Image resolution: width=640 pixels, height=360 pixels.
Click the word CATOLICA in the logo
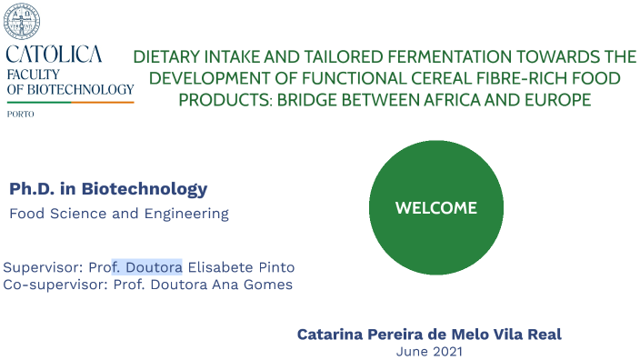click(x=54, y=55)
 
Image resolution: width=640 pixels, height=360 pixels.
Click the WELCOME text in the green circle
click(x=436, y=208)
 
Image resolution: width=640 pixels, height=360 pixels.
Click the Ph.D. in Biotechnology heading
click(x=108, y=189)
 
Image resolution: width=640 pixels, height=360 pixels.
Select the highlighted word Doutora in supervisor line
click(x=155, y=267)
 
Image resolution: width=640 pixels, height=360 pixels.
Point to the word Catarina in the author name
click(x=330, y=335)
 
